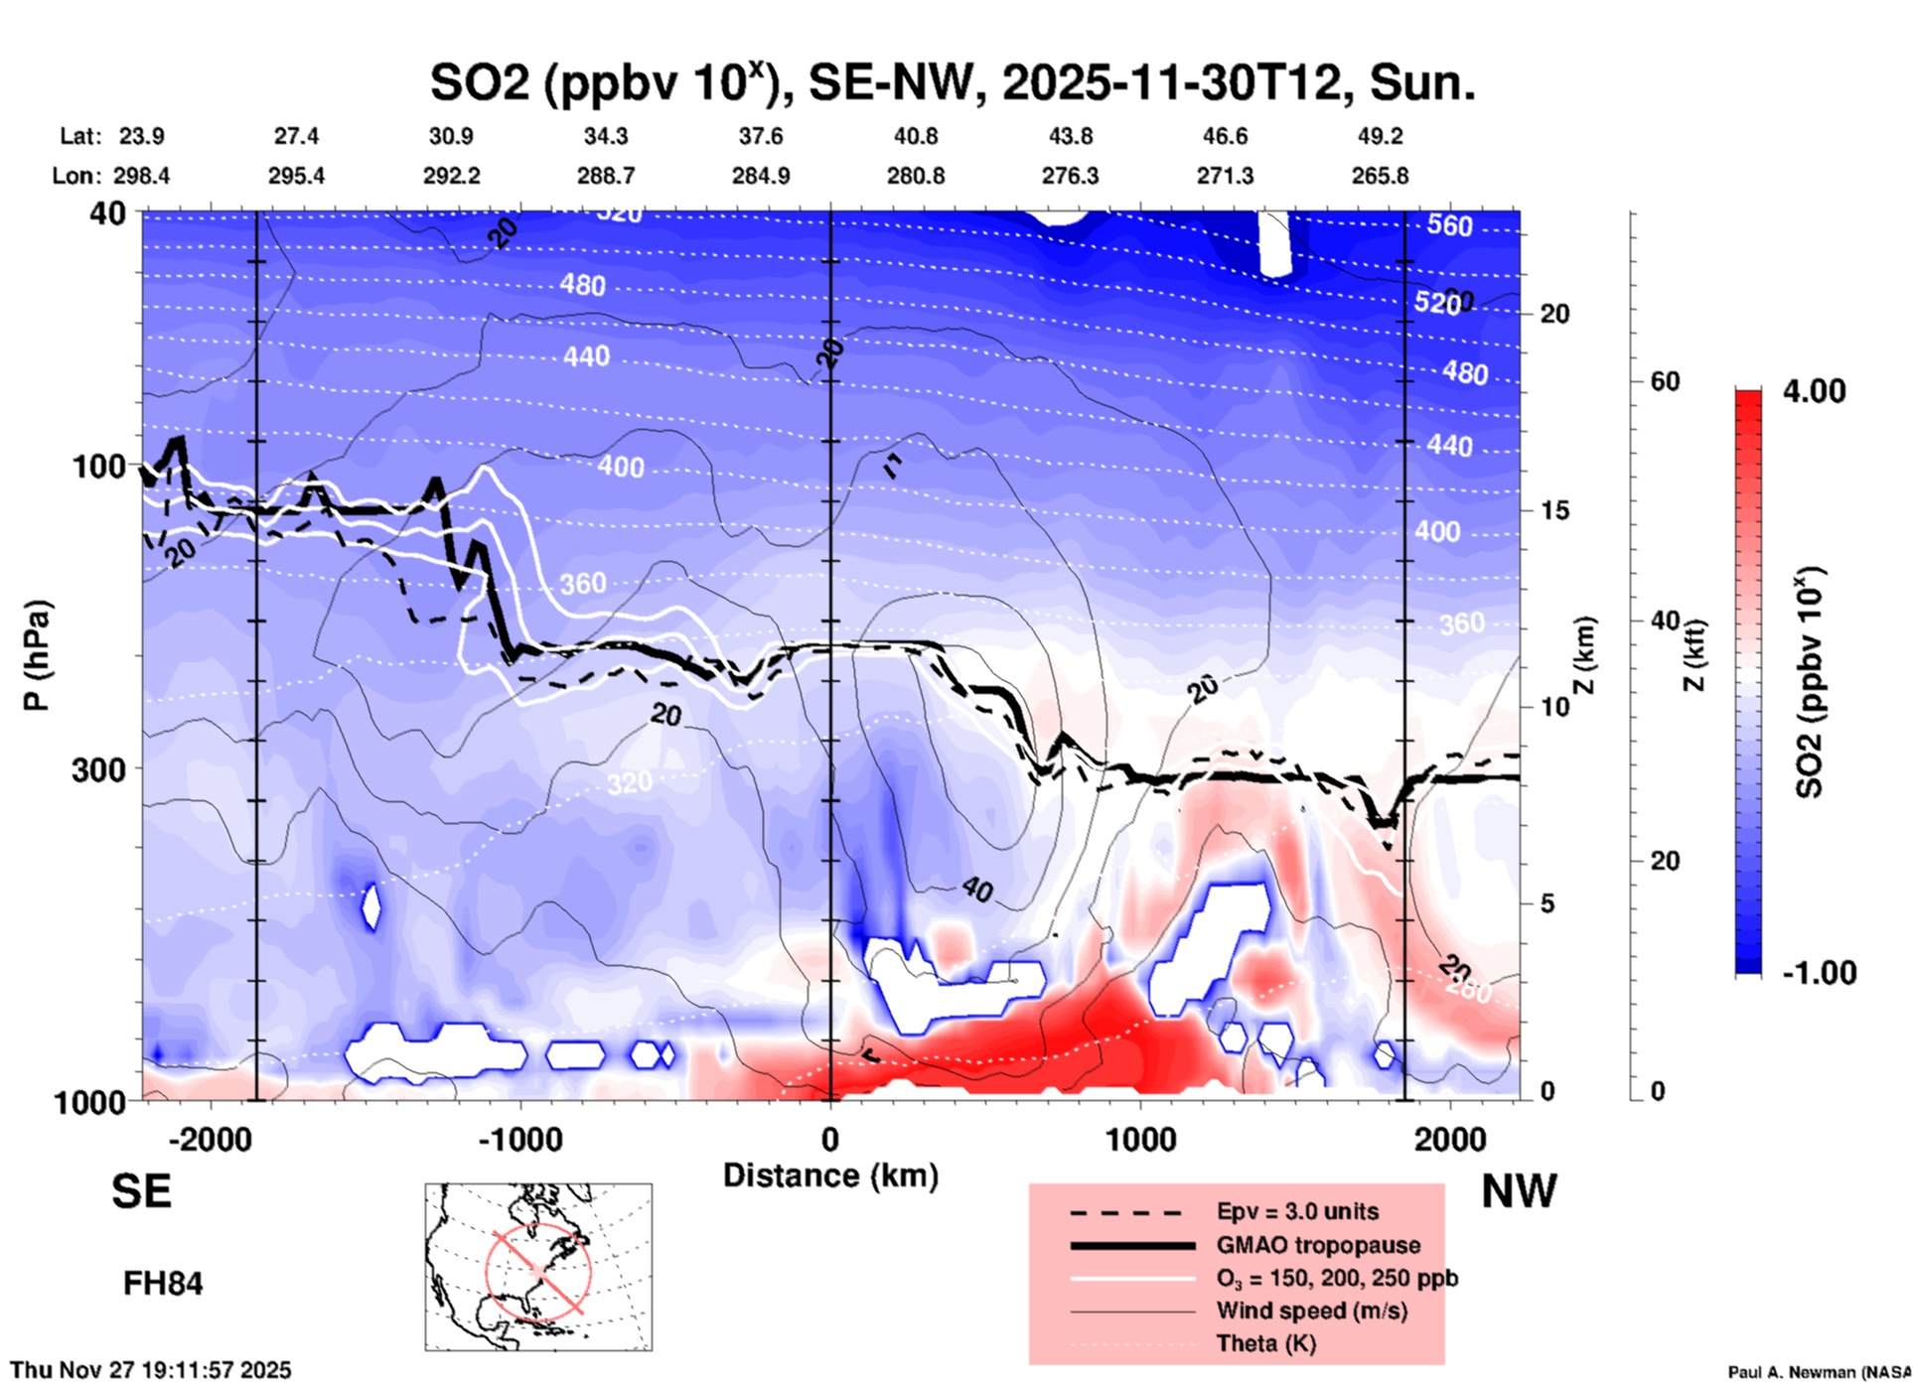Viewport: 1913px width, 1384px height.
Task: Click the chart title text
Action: point(952,81)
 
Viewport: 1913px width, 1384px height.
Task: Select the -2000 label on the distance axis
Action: point(211,1140)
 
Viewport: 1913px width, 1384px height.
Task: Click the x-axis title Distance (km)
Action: point(830,1176)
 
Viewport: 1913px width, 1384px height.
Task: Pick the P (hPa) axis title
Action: point(37,655)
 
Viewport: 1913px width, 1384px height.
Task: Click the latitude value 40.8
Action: point(915,136)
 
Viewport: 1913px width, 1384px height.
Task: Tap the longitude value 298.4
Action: point(142,176)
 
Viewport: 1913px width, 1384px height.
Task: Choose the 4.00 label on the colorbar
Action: point(1814,391)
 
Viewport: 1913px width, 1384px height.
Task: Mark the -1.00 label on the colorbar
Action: point(1818,973)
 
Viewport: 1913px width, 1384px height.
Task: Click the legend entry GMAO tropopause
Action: point(1318,1245)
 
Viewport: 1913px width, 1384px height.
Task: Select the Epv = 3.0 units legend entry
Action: point(1297,1211)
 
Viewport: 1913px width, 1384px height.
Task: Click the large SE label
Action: point(141,1191)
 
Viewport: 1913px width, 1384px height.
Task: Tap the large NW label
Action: point(1519,1191)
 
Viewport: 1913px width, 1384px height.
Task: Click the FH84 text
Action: point(163,1284)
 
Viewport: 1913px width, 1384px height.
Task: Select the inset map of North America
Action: point(538,1267)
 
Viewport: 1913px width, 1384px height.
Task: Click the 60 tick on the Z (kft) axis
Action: point(1665,381)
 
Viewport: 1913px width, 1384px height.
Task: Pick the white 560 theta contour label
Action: point(1449,225)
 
